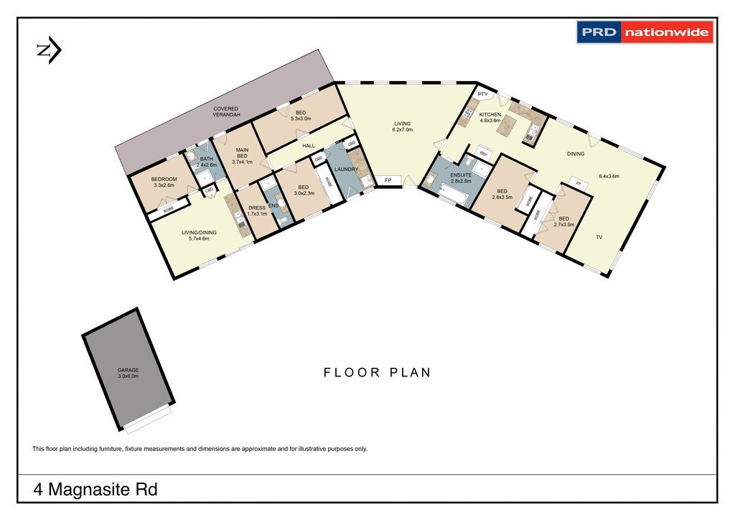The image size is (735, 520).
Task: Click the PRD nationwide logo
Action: pos(645,32)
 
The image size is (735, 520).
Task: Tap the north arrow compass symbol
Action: pos(49,50)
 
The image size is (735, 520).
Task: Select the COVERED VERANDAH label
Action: pos(225,112)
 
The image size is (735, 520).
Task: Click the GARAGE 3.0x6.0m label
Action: pos(128,373)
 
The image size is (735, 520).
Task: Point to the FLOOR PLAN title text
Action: pos(377,372)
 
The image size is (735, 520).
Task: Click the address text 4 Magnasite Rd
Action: pos(95,491)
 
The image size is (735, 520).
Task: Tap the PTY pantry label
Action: pos(482,94)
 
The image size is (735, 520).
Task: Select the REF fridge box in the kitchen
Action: pos(483,154)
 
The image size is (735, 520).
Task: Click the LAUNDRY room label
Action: pos(345,170)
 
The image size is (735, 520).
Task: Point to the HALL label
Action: pos(309,146)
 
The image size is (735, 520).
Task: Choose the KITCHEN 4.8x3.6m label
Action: pos(490,118)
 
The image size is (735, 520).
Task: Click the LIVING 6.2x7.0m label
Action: pos(402,126)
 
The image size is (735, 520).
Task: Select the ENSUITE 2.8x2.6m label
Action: pos(461,178)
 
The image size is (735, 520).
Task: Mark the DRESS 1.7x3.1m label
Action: pos(256,210)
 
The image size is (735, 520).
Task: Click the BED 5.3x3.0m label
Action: pos(301,116)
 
